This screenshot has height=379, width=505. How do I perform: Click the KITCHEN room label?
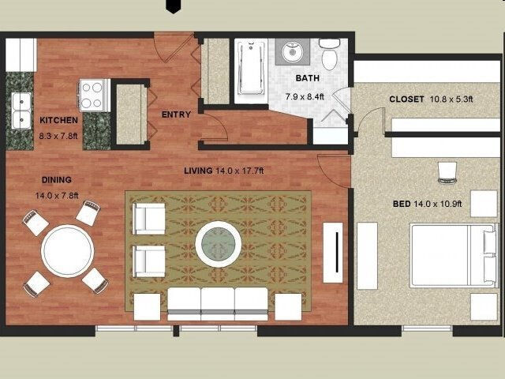pos(58,121)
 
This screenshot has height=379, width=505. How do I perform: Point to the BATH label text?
pos(308,78)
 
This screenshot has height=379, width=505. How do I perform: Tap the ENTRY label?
pos(176,115)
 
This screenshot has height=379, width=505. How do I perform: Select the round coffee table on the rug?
pos(219,243)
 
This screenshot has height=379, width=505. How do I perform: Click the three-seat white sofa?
pos(219,302)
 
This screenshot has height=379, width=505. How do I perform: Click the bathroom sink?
pos(294,52)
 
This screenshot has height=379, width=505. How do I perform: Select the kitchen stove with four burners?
pos(92,95)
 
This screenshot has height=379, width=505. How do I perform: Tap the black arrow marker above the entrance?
pos(172,6)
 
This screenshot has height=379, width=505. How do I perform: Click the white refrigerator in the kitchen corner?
pos(21,54)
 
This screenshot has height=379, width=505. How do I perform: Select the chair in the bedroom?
pos(447,170)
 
